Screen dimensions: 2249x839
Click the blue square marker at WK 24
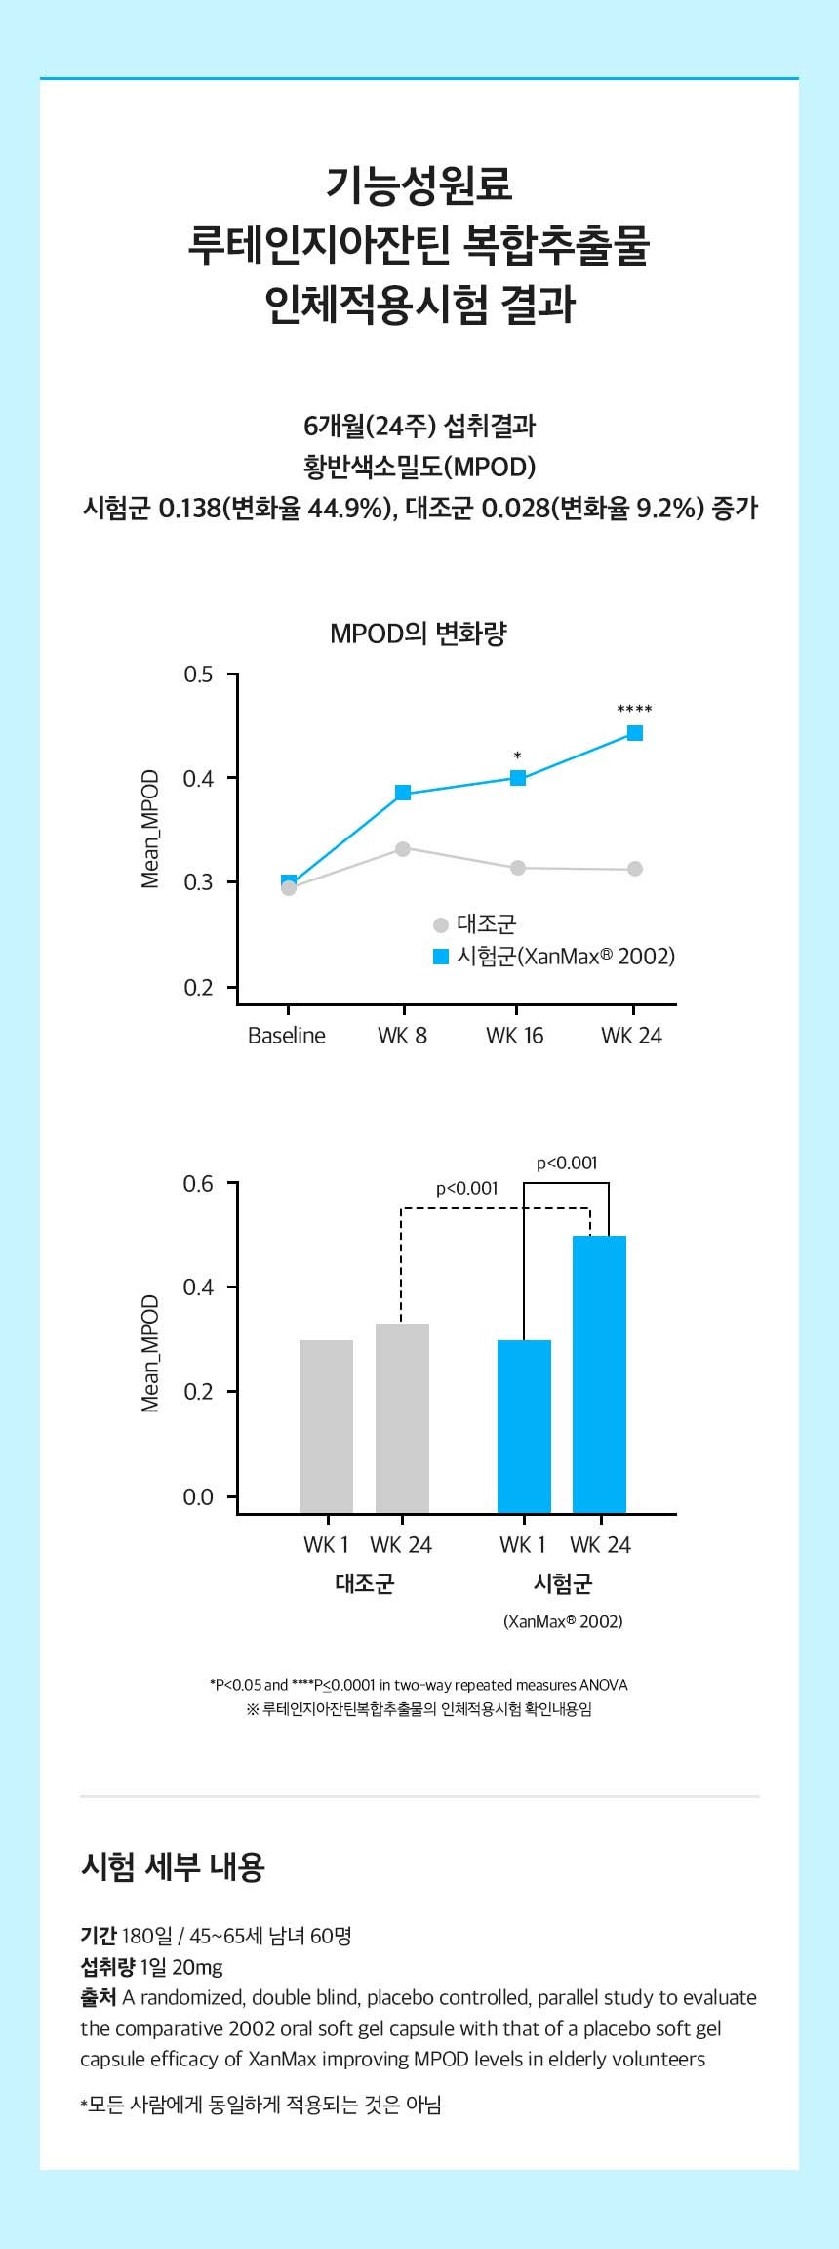(x=635, y=733)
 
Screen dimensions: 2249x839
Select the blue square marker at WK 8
(x=403, y=794)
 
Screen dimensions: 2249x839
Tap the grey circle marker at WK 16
(x=518, y=868)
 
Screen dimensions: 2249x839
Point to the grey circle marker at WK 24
(x=635, y=869)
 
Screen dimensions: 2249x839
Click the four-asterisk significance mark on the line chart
(x=634, y=710)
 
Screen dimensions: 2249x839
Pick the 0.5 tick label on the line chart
(x=198, y=675)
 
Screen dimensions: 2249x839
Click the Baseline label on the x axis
(x=287, y=1036)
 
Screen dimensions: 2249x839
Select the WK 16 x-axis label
(x=515, y=1036)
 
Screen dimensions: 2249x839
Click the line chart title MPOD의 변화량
(x=419, y=634)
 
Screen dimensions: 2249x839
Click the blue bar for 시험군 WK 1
(x=524, y=1426)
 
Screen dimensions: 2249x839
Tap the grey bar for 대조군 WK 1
(x=326, y=1426)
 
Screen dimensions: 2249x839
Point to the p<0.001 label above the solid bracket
(x=567, y=1163)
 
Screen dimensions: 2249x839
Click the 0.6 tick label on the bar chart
(x=198, y=1184)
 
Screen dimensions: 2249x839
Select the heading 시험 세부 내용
(x=173, y=1866)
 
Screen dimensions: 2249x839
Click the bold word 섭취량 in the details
(x=107, y=1967)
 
